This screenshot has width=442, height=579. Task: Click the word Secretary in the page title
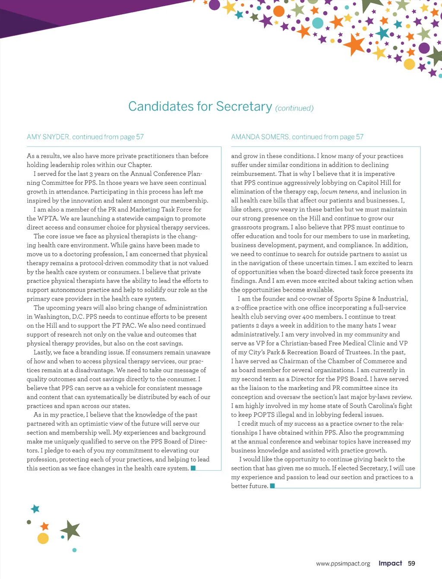(x=244, y=106)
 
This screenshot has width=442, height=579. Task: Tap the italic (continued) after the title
(x=294, y=108)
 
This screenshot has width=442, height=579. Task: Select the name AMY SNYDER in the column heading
(x=48, y=137)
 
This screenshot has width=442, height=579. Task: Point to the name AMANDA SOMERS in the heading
(x=260, y=137)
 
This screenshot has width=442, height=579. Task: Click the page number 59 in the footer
(x=411, y=563)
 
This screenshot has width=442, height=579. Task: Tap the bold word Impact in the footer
(x=390, y=563)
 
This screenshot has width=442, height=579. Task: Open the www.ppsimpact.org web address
(x=343, y=563)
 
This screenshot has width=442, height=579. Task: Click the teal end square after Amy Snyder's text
(x=193, y=468)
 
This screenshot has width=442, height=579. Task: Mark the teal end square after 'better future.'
(x=272, y=486)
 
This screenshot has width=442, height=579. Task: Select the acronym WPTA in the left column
(x=48, y=218)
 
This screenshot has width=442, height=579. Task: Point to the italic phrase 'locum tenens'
(x=339, y=191)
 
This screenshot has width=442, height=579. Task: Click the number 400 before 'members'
(x=308, y=316)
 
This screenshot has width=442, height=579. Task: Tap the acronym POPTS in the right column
(x=264, y=414)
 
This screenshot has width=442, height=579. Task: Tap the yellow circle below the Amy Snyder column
(x=43, y=538)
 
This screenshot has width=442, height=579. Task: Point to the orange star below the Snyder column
(x=44, y=526)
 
